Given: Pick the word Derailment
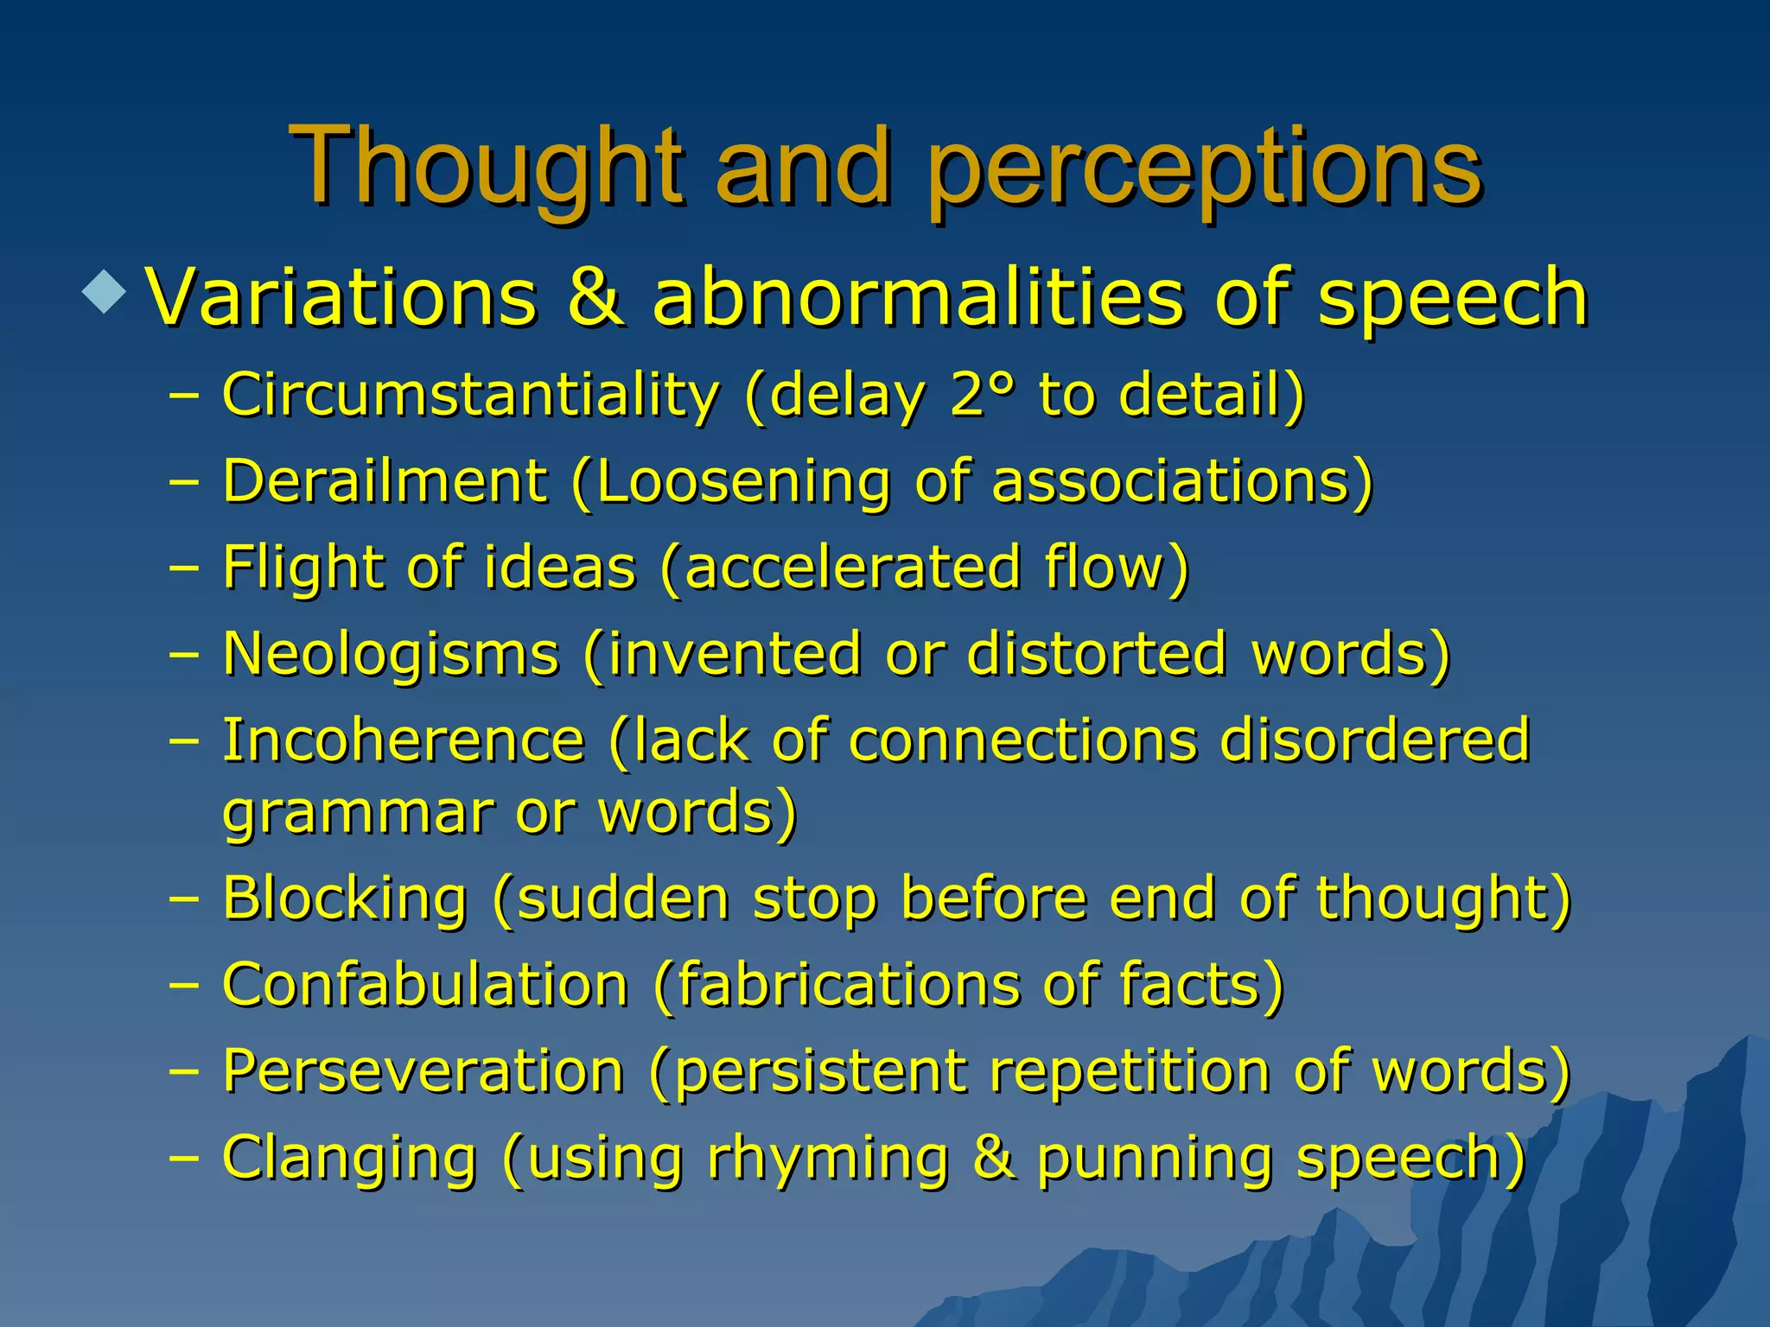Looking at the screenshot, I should click(x=385, y=480).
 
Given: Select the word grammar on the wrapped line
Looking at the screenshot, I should click(x=356, y=815).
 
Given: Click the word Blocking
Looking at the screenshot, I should click(x=345, y=898).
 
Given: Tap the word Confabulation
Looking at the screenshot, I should click(x=424, y=985).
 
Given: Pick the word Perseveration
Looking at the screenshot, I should click(x=423, y=1071).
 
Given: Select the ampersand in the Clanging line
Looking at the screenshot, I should click(x=992, y=1158).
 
